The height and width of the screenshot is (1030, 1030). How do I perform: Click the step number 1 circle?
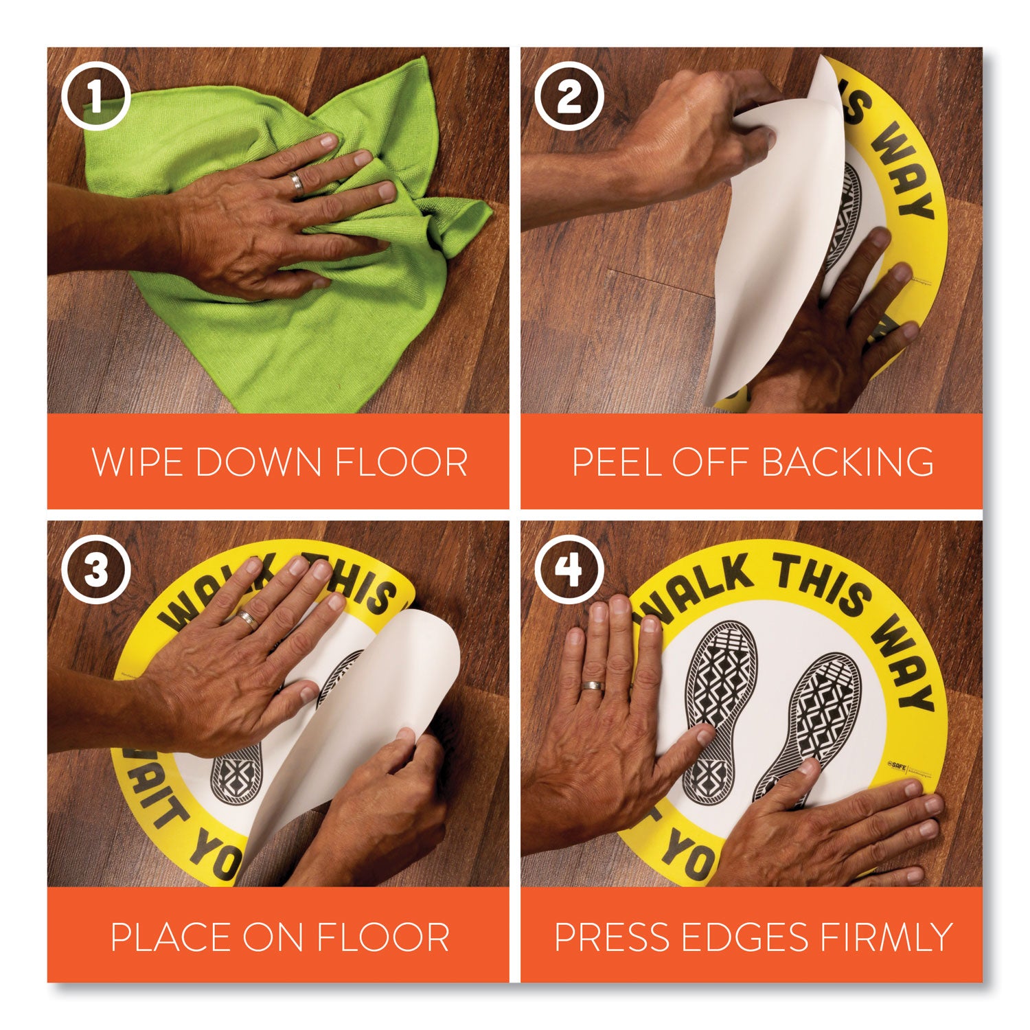coord(95,97)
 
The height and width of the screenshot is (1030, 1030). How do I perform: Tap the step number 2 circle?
coord(569,97)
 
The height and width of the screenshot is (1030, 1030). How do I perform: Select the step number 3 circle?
coord(95,571)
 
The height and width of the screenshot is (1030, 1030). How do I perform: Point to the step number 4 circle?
coord(569,571)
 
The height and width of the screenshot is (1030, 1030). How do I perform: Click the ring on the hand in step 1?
coord(296,183)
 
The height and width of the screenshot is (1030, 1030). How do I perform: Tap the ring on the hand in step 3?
coord(248,619)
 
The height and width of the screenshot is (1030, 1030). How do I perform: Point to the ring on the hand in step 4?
coord(592,686)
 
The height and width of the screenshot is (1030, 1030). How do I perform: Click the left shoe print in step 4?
coord(718,700)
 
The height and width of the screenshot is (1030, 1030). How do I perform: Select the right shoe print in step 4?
coord(817,721)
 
